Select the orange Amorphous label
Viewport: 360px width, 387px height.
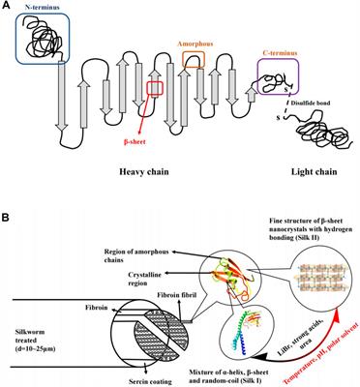click(195, 44)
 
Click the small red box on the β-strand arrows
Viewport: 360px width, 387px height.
click(155, 91)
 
